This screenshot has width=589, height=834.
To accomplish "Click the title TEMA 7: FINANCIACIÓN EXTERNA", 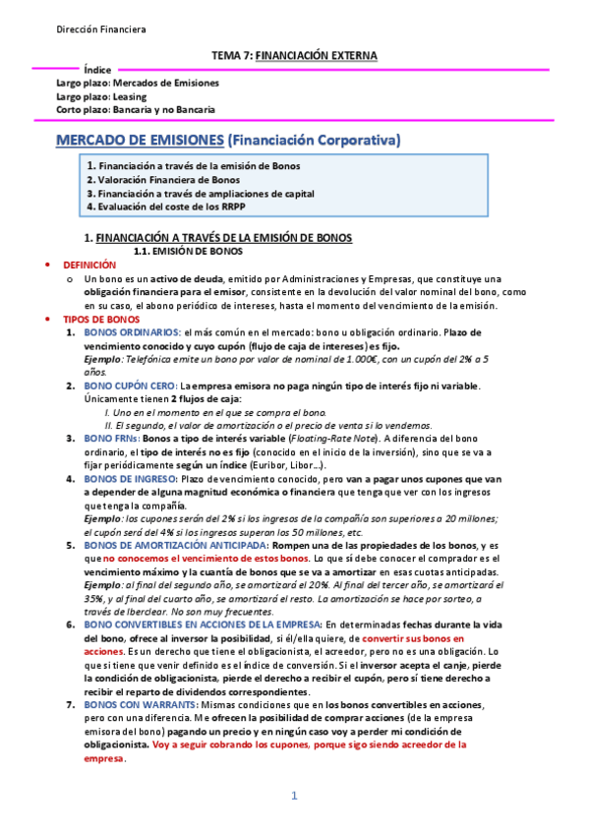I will (294, 55).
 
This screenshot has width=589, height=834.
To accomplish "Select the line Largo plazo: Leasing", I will (101, 96).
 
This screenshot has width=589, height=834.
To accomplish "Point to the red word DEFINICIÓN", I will (89, 266).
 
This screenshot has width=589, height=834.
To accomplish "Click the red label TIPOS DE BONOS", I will (101, 321).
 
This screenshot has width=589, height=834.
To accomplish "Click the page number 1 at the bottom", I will (293, 795).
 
